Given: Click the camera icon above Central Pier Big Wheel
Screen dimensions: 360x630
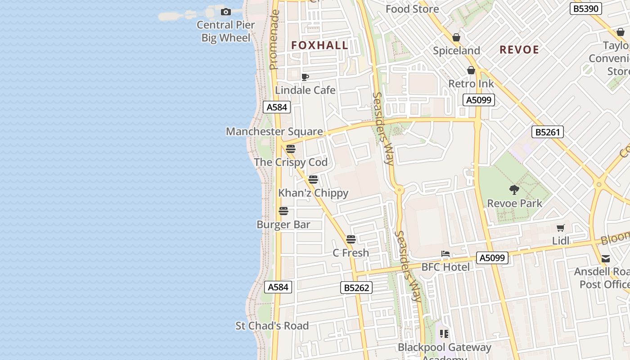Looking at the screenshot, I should [x=226, y=12].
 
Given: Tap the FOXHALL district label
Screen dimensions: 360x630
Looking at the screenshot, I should [x=319, y=45].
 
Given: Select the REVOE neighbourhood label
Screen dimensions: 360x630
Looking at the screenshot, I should [x=519, y=49].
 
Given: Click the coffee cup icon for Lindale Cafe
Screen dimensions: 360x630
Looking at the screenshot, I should [x=305, y=77].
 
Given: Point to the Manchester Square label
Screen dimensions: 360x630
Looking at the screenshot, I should [x=274, y=131].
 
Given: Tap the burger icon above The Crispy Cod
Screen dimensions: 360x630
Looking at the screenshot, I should [x=291, y=149].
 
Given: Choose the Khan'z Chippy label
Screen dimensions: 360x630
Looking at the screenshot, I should [x=313, y=193].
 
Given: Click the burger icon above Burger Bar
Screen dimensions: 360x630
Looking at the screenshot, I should [x=283, y=211].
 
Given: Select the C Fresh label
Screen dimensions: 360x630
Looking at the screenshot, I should [x=351, y=253].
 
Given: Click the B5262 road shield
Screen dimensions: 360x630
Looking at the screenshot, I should [x=356, y=288].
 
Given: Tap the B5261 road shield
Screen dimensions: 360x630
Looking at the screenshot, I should [x=547, y=132].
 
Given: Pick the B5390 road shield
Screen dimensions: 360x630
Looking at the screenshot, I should [x=586, y=9].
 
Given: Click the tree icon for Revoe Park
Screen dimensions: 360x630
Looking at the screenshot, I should [x=514, y=190].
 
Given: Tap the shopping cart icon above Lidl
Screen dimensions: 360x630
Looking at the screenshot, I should [x=560, y=228].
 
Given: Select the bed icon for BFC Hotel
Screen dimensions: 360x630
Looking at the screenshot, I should [x=445, y=254].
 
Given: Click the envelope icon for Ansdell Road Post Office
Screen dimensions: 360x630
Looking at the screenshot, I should [x=606, y=259].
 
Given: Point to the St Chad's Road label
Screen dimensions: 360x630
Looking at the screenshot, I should [x=272, y=326].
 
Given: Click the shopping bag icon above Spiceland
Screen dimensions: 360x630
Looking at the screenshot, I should [x=456, y=37].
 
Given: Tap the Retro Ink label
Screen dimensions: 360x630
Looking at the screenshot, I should [x=471, y=84].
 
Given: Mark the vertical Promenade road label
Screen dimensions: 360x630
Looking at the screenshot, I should [x=274, y=40].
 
